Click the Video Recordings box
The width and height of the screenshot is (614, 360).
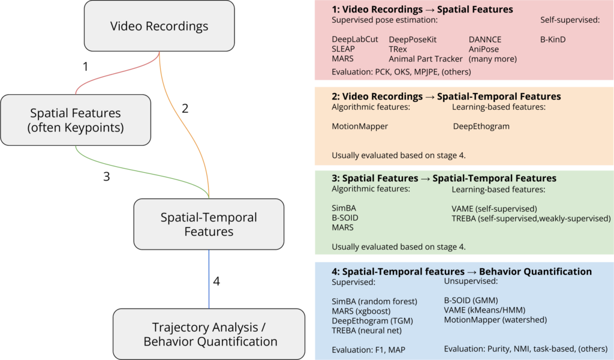click(159, 26)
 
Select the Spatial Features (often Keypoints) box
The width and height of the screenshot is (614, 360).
click(76, 120)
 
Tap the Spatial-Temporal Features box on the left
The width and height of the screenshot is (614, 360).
click(209, 224)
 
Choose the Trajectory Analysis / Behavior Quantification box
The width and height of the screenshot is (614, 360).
click(209, 334)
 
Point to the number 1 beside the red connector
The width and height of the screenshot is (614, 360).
click(86, 67)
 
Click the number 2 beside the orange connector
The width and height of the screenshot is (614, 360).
click(185, 108)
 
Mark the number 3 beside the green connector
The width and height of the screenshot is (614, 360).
click(107, 176)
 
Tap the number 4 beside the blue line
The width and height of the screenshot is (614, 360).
click(217, 281)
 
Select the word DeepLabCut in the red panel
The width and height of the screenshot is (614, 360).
click(355, 40)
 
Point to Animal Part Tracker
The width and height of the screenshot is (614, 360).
click(425, 59)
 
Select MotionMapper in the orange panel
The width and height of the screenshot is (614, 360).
click(360, 127)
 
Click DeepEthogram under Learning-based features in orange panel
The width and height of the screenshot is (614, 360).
click(481, 127)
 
